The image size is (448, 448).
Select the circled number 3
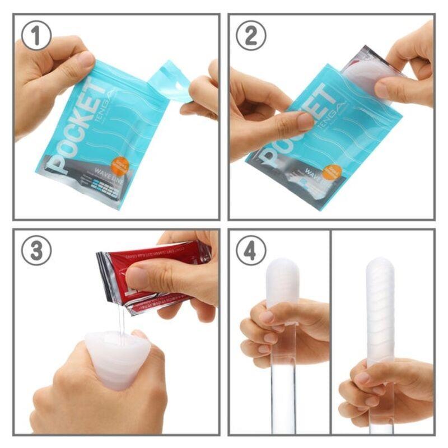pos(36,250)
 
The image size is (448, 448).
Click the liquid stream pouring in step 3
pos(120,319)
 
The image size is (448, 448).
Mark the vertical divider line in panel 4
pos(331,330)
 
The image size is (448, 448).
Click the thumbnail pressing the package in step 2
pos(305,121)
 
